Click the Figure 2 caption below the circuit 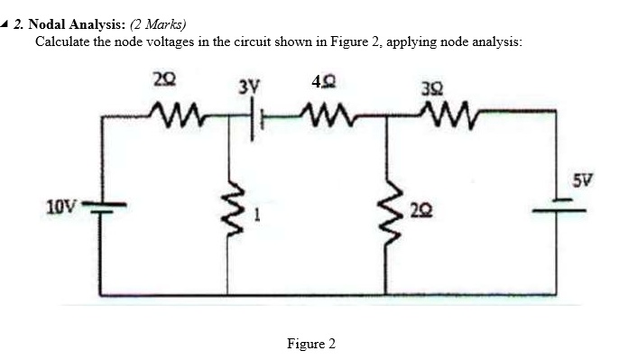click(x=310, y=343)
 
